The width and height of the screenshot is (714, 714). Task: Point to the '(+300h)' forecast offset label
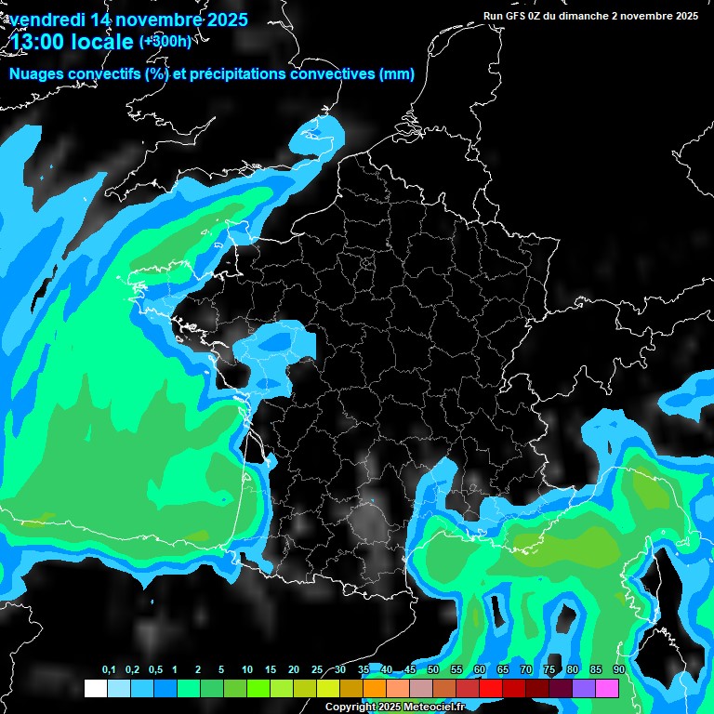pyautogui.click(x=166, y=41)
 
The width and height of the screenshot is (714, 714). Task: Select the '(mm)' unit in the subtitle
pyautogui.click(x=397, y=74)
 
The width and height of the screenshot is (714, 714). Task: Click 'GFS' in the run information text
pyautogui.click(x=525, y=16)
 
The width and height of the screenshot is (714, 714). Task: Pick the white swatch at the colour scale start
pyautogui.click(x=95, y=688)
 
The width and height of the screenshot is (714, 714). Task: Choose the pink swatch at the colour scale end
pyautogui.click(x=607, y=688)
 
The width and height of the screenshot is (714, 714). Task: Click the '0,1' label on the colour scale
pyautogui.click(x=109, y=670)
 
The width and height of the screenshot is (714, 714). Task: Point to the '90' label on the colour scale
pyautogui.click(x=618, y=670)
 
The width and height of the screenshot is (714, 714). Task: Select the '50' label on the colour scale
pyautogui.click(x=433, y=670)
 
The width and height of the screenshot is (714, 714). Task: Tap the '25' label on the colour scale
pyautogui.click(x=317, y=670)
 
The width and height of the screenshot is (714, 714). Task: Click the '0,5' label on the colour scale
pyautogui.click(x=154, y=670)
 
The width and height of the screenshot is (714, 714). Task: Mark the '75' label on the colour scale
pyautogui.click(x=549, y=670)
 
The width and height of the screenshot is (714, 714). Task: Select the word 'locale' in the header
pyautogui.click(x=101, y=42)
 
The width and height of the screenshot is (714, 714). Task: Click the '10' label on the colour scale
pyautogui.click(x=247, y=670)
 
